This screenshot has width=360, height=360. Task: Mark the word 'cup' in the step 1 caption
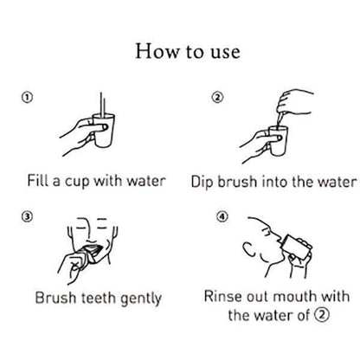click(79, 183)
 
